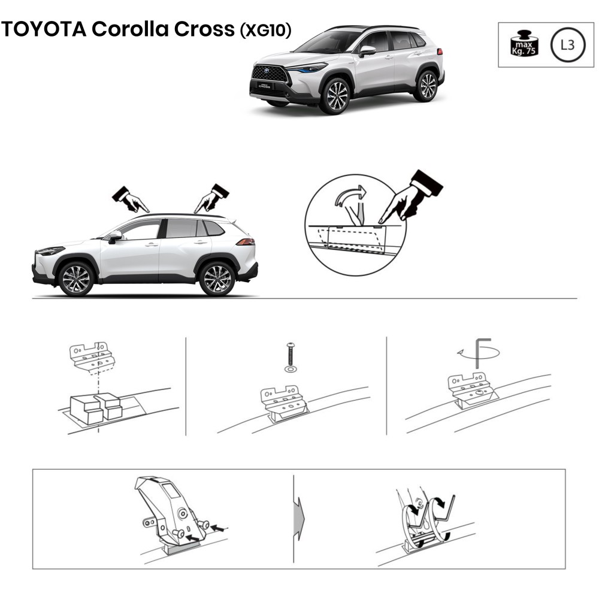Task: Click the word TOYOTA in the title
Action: [44, 29]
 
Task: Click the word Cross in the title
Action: [204, 29]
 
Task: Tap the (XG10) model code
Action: [265, 29]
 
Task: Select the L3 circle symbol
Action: [568, 45]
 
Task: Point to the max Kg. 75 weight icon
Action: [524, 43]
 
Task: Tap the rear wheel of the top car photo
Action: [427, 86]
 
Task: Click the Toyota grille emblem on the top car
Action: [267, 70]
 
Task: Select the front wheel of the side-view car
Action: [76, 279]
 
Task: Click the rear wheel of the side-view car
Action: [217, 279]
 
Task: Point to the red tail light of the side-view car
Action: [245, 241]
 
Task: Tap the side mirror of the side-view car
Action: [114, 237]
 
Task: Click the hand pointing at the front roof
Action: [130, 199]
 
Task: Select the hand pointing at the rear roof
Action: [211, 198]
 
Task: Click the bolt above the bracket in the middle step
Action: [291, 354]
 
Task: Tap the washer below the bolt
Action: [291, 369]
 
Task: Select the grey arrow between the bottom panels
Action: [299, 519]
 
